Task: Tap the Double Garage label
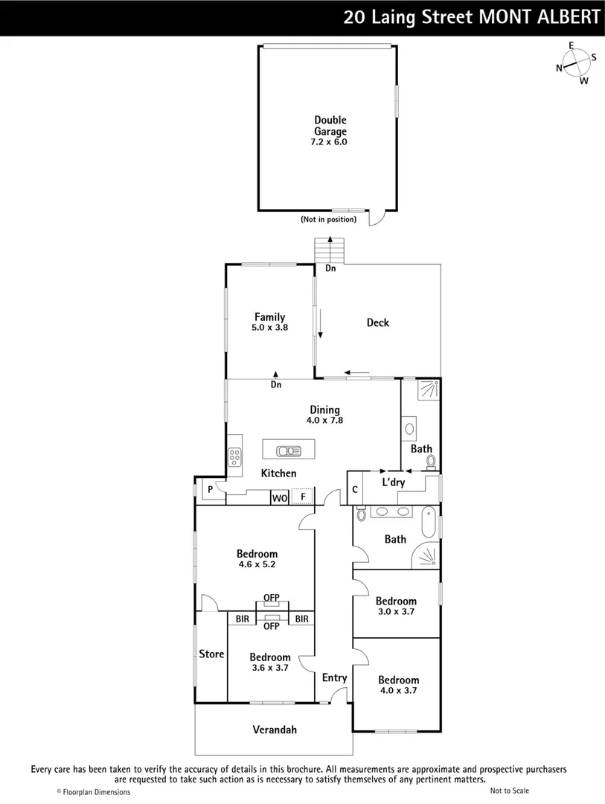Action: (x=330, y=126)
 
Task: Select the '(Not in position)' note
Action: (x=328, y=220)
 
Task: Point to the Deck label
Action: (x=377, y=322)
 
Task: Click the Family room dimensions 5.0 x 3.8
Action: (x=269, y=328)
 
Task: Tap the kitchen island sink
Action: (x=288, y=450)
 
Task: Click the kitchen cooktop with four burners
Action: (x=234, y=456)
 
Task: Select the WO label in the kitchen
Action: (x=279, y=497)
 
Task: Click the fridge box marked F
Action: (x=303, y=497)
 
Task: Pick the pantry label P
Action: (x=211, y=490)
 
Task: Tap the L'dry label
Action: (x=393, y=482)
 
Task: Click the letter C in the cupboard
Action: (x=355, y=489)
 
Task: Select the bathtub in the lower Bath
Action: (x=429, y=523)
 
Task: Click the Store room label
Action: (x=211, y=654)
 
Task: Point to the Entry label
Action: (x=334, y=677)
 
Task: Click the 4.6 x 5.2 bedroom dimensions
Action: (x=257, y=564)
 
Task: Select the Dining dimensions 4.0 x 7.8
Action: (x=324, y=420)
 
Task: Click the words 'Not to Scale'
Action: (x=510, y=791)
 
